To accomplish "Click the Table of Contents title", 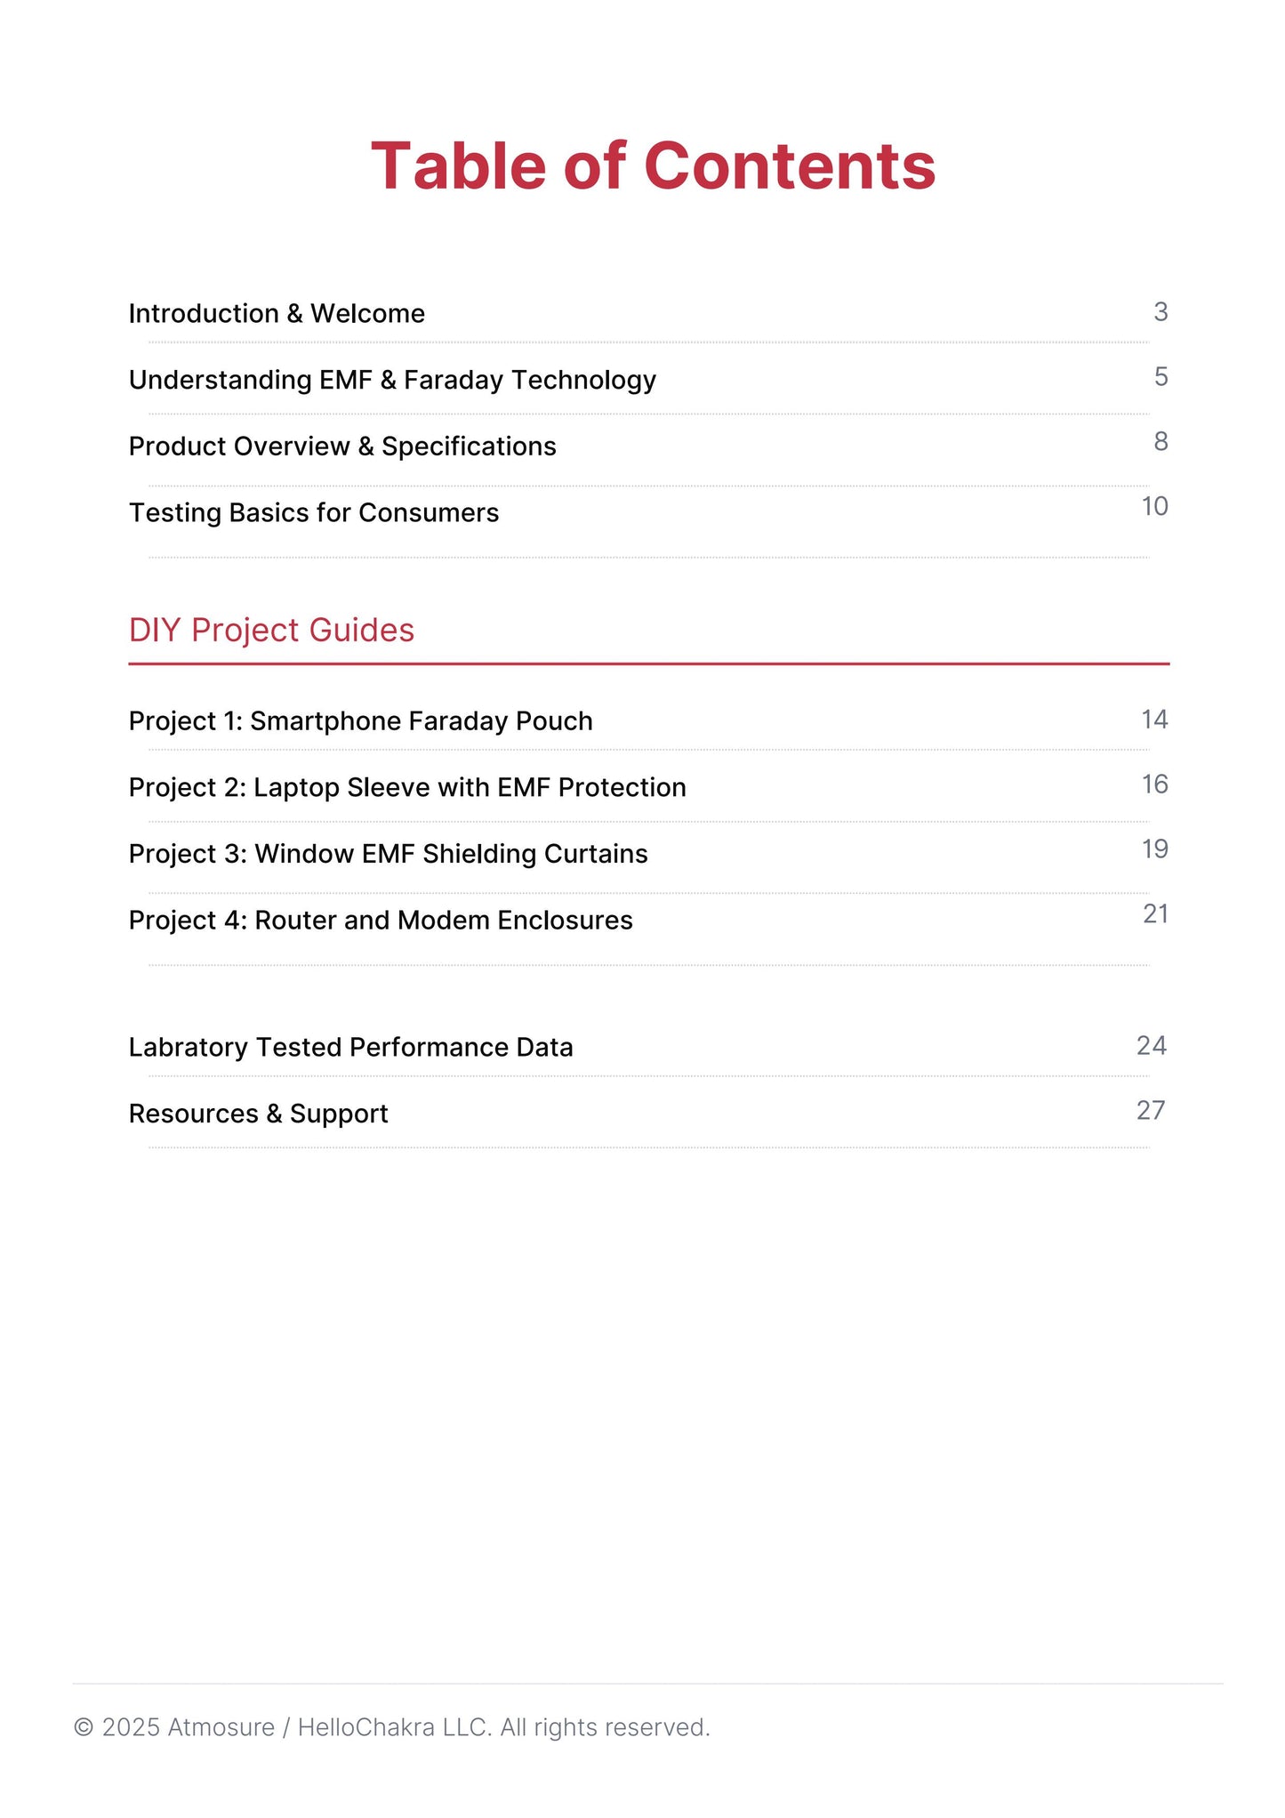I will [653, 166].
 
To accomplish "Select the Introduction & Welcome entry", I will [277, 314].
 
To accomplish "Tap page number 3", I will [1160, 312].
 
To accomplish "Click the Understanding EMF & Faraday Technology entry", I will [392, 381].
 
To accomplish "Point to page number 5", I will [1161, 377].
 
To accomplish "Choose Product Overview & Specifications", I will [342, 446].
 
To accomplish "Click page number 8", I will [1161, 442].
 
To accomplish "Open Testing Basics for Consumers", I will [314, 513].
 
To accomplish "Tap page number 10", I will [1154, 507].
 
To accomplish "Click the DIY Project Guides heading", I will [271, 631].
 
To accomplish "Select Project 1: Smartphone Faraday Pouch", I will [360, 721].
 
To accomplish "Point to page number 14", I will [1154, 720].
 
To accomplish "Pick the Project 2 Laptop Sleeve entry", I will [407, 788].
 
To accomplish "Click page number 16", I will [1154, 784].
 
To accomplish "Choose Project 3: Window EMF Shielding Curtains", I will [388, 854].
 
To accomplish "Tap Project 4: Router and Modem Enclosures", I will [381, 921].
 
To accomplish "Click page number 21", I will [1155, 914].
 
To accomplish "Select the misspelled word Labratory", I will [188, 1048].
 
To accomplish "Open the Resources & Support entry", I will [258, 1114].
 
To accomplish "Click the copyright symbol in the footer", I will [84, 1727].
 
